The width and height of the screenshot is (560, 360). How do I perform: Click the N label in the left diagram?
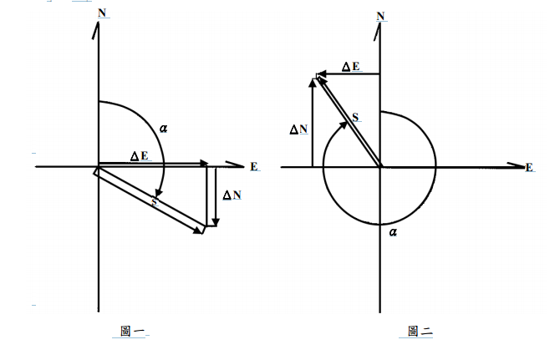pyautogui.click(x=102, y=13)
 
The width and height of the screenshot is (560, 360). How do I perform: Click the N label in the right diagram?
pyautogui.click(x=380, y=16)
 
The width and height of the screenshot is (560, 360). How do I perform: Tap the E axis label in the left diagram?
pyautogui.click(x=254, y=166)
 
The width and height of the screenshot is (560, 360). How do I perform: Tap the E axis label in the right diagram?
pyautogui.click(x=529, y=167)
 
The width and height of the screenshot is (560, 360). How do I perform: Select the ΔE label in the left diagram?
pyautogui.click(x=140, y=156)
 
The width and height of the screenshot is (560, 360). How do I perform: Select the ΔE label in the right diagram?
pyautogui.click(x=351, y=67)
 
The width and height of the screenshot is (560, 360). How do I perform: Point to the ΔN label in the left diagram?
pyautogui.click(x=232, y=195)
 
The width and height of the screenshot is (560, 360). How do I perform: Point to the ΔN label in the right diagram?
pyautogui.click(x=299, y=129)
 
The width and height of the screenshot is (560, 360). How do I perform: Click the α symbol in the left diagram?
pyautogui.click(x=164, y=128)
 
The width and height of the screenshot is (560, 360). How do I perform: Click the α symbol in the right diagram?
pyautogui.click(x=393, y=232)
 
